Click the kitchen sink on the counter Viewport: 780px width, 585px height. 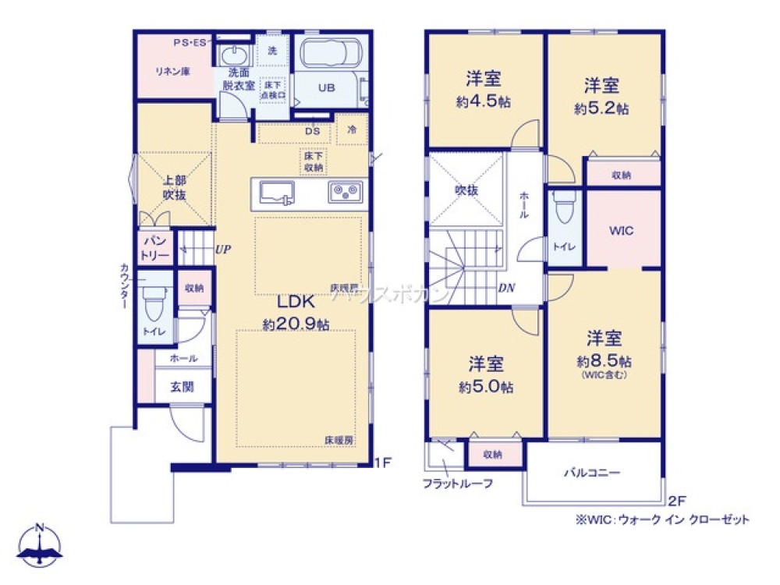coord(274,191)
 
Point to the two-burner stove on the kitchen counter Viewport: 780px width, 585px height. coord(344,191)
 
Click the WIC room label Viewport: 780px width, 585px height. coord(621,231)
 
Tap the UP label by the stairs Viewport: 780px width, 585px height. coord(223,250)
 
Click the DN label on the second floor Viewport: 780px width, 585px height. coord(506,286)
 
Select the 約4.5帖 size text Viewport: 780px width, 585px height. coord(483,101)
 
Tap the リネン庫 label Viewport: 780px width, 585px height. coord(172,71)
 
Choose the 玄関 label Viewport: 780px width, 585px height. coord(183,386)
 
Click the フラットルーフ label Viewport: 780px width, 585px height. coord(458,483)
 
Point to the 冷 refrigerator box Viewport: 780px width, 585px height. coord(352,130)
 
